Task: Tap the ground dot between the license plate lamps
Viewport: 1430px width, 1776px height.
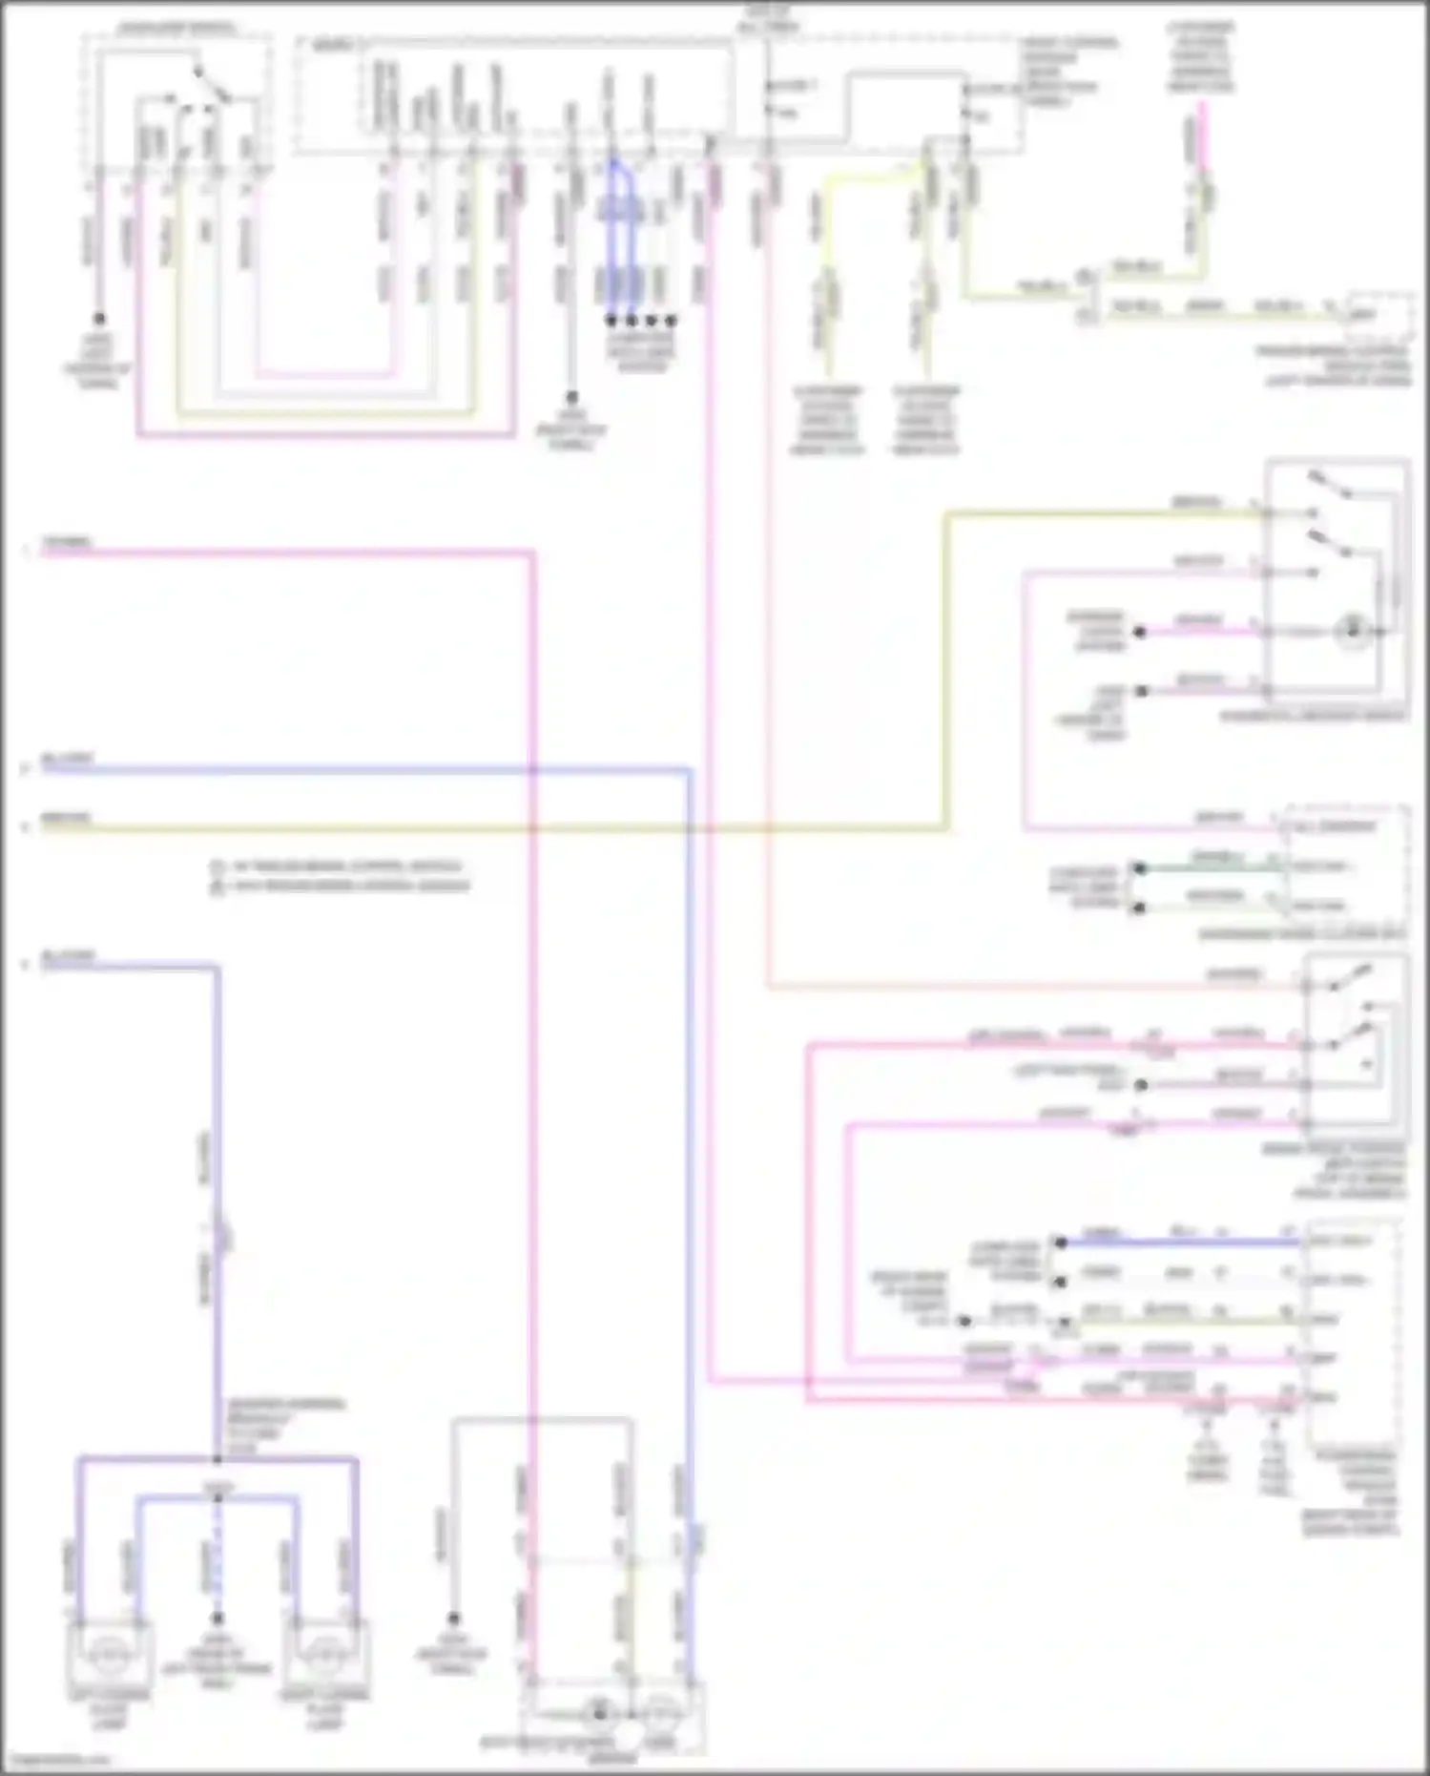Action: (x=218, y=1619)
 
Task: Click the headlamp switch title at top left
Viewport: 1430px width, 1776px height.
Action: (x=176, y=29)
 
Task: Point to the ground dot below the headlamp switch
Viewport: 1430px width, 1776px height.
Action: (x=98, y=320)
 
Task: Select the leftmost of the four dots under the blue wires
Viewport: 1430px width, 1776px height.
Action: (x=611, y=321)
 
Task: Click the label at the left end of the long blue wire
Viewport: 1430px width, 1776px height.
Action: (x=67, y=760)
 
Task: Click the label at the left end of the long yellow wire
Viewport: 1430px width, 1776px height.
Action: (x=65, y=818)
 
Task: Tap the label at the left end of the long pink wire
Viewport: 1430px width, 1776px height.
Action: (x=65, y=543)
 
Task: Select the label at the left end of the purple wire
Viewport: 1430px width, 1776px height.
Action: (x=67, y=955)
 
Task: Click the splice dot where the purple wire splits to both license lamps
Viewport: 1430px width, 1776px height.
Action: (x=218, y=1459)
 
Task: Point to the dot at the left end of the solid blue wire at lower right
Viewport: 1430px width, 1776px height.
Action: (x=1060, y=1243)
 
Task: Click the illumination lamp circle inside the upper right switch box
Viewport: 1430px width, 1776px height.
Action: (x=1353, y=631)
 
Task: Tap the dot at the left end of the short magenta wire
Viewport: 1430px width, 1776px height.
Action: (x=1139, y=632)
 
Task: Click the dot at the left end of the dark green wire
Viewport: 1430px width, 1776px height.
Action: (x=1138, y=868)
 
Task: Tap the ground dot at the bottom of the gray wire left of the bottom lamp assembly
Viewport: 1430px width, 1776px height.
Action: (x=454, y=1619)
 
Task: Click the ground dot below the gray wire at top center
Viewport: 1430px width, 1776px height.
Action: (x=571, y=396)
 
